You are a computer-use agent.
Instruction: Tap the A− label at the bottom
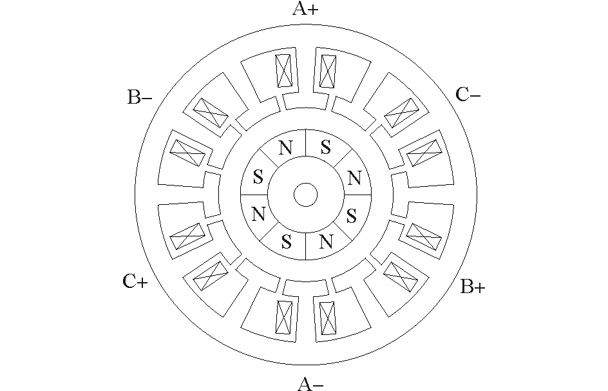[x=310, y=385]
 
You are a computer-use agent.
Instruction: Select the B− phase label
[x=140, y=98]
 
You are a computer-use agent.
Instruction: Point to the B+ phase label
[x=472, y=287]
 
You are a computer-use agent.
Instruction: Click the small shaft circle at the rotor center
[x=305, y=194]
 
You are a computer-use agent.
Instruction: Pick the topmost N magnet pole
[x=285, y=148]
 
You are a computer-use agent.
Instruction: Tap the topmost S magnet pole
[x=326, y=148]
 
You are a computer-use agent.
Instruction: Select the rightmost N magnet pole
[x=353, y=178]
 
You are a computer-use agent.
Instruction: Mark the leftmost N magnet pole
[x=258, y=214]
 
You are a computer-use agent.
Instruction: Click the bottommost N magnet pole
[x=326, y=242]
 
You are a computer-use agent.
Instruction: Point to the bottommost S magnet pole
[x=286, y=242]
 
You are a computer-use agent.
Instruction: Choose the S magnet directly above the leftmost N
[x=258, y=176]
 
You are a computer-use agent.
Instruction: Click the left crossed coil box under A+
[x=283, y=71]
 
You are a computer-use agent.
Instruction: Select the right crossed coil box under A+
[x=328, y=71]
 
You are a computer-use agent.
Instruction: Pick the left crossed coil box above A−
[x=283, y=318]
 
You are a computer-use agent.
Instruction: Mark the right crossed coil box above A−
[x=328, y=318]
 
